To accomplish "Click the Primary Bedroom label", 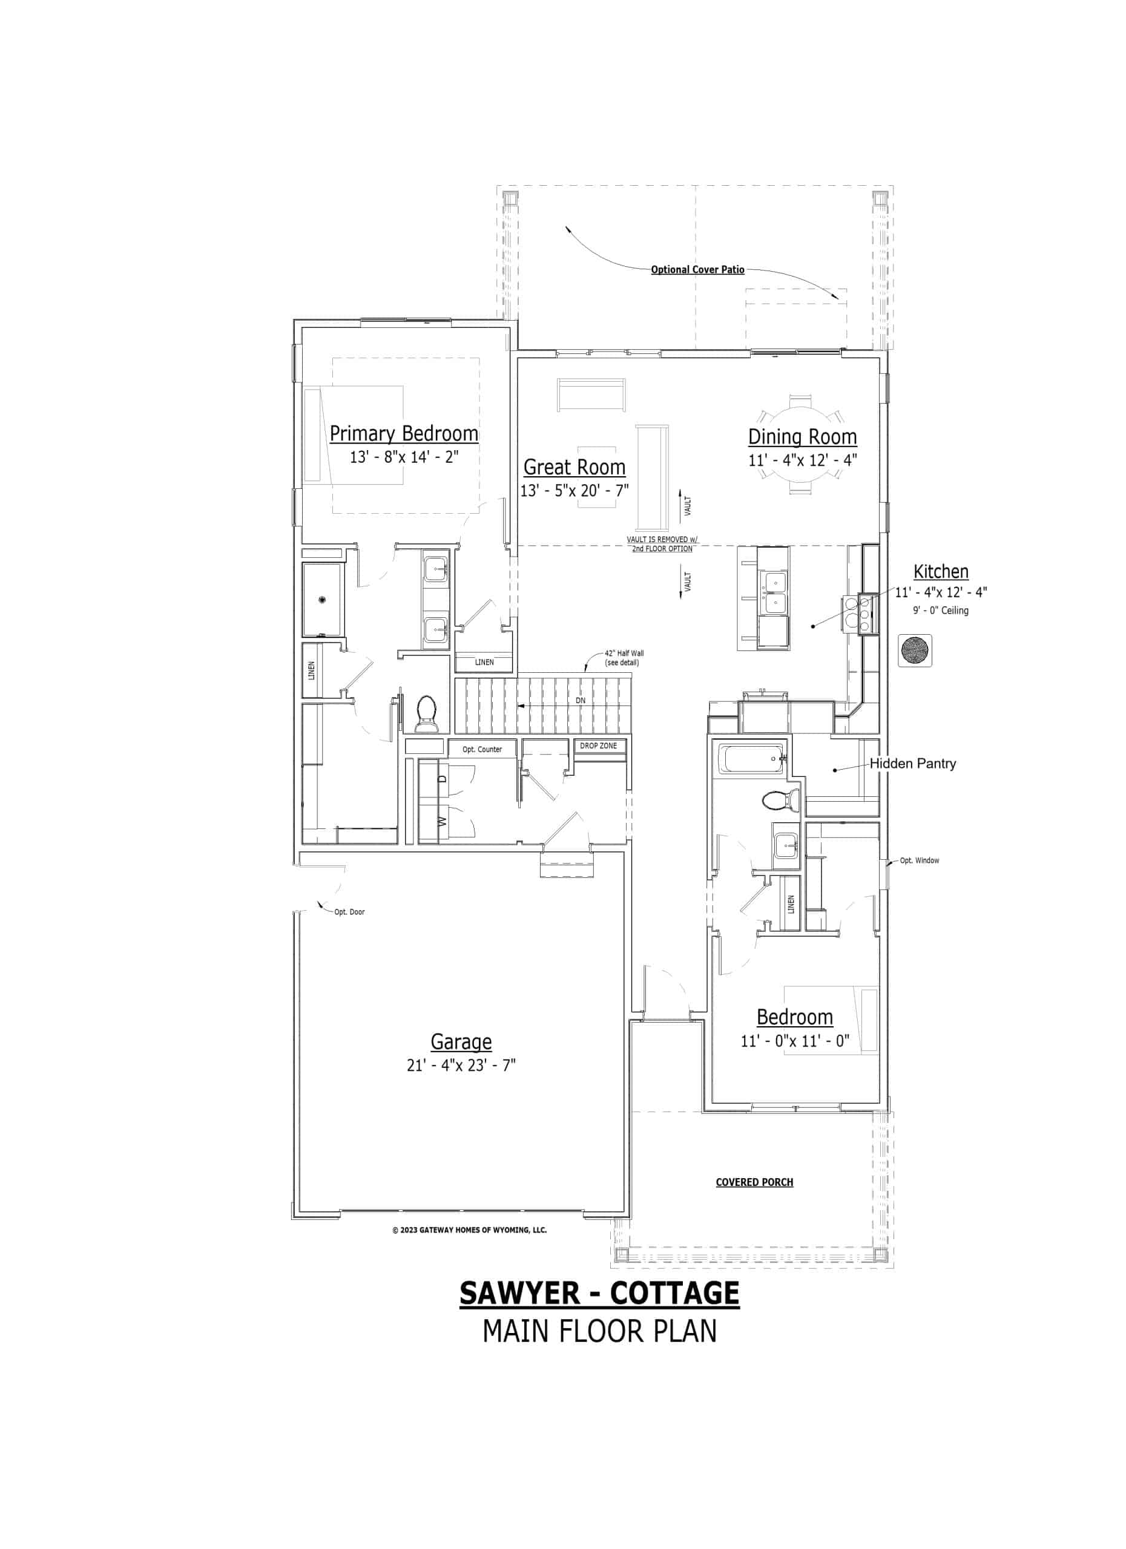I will [404, 434].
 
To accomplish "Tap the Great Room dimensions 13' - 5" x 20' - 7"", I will [574, 490].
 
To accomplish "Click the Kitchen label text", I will [940, 572].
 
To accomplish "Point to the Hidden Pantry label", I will [912, 764].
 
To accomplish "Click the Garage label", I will [461, 1041].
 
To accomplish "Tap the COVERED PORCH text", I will [754, 1182].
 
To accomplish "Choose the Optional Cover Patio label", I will [697, 270].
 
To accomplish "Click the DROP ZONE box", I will [598, 746].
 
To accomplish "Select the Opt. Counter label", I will [482, 749].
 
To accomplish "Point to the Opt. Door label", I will [349, 912].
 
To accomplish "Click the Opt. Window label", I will [919, 860].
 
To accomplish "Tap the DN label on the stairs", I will [580, 701].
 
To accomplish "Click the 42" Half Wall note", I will [623, 658].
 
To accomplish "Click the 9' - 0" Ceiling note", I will [940, 611].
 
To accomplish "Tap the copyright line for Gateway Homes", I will [469, 1230].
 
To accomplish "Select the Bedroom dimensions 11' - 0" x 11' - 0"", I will [795, 1041].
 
